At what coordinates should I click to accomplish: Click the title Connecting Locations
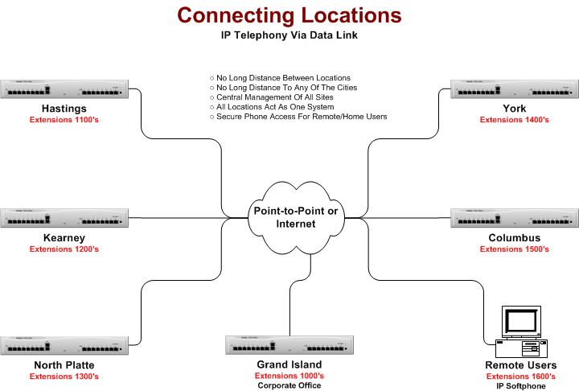[289, 15]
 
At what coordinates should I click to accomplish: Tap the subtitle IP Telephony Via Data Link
[289, 35]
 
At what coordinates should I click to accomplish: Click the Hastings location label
[64, 108]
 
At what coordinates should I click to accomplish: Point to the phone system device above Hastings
[64, 89]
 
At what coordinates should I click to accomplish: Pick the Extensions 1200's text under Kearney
[64, 249]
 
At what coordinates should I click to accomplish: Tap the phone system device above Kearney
[64, 218]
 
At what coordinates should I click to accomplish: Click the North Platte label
[64, 365]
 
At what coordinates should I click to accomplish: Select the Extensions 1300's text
[64, 377]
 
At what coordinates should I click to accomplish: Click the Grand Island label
[289, 364]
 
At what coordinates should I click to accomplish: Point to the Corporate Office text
[289, 385]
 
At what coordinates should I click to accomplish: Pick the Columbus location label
[515, 237]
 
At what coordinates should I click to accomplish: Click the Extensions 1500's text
[515, 249]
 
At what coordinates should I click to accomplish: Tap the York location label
[515, 108]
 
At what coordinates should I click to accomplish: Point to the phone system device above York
[515, 89]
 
